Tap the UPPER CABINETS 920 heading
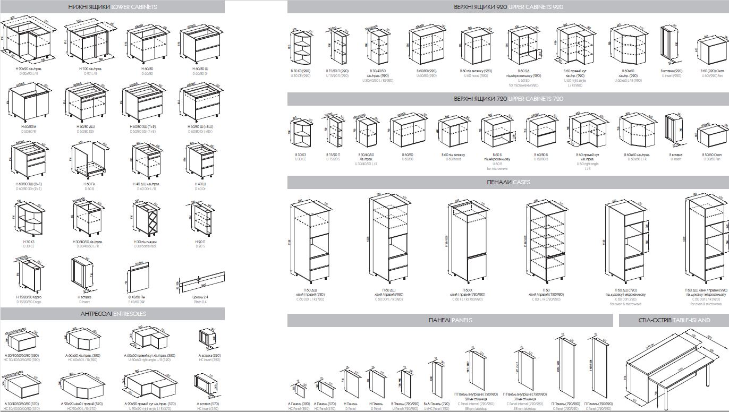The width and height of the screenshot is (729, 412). pyautogui.click(x=508, y=7)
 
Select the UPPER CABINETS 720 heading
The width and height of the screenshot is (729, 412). pyautogui.click(x=508, y=99)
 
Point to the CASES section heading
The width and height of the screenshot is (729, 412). pyautogui.click(x=508, y=182)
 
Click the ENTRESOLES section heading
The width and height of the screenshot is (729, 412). pyautogui.click(x=112, y=314)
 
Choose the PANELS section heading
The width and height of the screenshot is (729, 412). pyautogui.click(x=450, y=320)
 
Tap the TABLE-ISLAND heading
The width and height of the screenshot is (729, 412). pyautogui.click(x=674, y=320)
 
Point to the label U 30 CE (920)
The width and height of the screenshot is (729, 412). pyautogui.click(x=300, y=76)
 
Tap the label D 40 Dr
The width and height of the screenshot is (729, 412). pyautogui.click(x=200, y=188)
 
